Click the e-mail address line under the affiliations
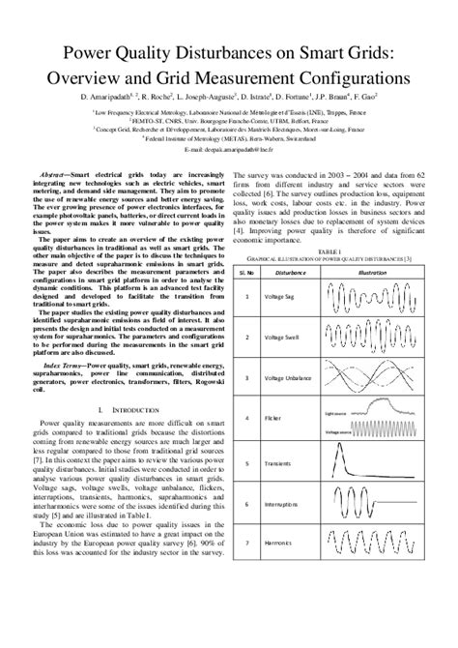point(228,151)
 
